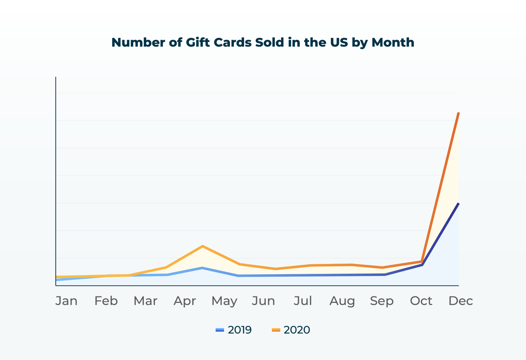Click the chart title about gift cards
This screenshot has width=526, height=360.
click(x=263, y=42)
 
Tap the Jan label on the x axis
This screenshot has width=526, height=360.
click(x=66, y=301)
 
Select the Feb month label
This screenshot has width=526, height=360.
click(x=106, y=301)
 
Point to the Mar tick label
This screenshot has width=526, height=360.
click(x=146, y=301)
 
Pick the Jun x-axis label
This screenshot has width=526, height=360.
click(x=263, y=301)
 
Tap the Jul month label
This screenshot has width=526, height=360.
click(x=303, y=301)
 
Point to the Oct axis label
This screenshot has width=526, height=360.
click(x=421, y=301)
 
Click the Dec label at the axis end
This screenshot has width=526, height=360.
click(x=461, y=301)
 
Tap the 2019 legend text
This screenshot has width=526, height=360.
click(x=240, y=330)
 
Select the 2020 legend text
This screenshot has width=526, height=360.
click(x=297, y=330)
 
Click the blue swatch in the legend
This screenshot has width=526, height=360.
click(x=220, y=330)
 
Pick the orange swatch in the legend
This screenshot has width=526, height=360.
click(x=276, y=330)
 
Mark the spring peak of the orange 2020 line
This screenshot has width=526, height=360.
click(x=202, y=246)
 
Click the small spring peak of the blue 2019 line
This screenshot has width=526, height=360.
click(x=202, y=268)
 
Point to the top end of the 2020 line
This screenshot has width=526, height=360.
click(x=458, y=113)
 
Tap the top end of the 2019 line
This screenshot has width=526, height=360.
click(x=458, y=203)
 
